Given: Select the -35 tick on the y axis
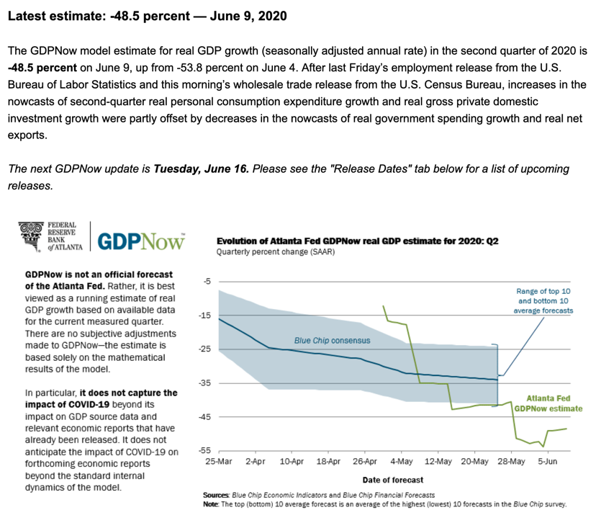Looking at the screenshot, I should (x=203, y=383).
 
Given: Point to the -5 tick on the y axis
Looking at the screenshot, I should (x=205, y=282).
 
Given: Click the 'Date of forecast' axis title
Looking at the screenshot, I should (x=392, y=480).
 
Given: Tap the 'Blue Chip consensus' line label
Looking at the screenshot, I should (x=332, y=339).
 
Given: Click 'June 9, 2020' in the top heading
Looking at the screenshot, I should (x=242, y=15).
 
